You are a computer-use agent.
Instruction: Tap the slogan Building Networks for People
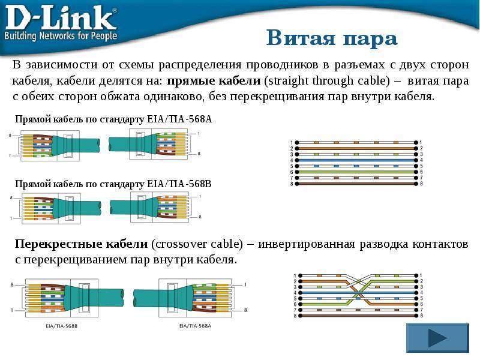tap(61, 35)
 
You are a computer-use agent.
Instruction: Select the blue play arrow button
tap(437, 338)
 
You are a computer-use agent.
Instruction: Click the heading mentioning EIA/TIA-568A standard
tap(113, 119)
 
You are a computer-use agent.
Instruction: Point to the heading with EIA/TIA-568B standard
tap(113, 184)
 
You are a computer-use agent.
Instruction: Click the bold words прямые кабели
tap(214, 80)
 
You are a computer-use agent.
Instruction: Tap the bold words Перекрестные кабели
tap(82, 244)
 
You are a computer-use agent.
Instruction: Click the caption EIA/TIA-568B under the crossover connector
tap(62, 326)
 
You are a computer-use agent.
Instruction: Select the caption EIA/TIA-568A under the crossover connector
tap(196, 326)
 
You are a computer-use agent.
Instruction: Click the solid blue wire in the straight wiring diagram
tap(356, 160)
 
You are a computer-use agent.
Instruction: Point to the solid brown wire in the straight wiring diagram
tap(356, 184)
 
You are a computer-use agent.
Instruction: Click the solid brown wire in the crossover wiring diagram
tap(358, 316)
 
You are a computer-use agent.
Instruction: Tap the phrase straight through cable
tap(327, 81)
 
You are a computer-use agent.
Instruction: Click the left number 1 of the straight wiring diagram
tap(292, 143)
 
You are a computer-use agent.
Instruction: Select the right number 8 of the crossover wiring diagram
tap(421, 316)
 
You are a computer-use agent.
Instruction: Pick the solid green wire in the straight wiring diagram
tap(356, 172)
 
